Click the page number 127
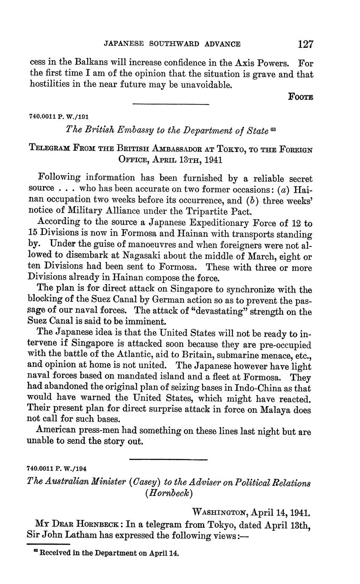(305, 44)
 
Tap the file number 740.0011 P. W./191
(58, 116)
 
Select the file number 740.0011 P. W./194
(56, 469)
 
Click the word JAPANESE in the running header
(124, 44)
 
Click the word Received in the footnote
(54, 553)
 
